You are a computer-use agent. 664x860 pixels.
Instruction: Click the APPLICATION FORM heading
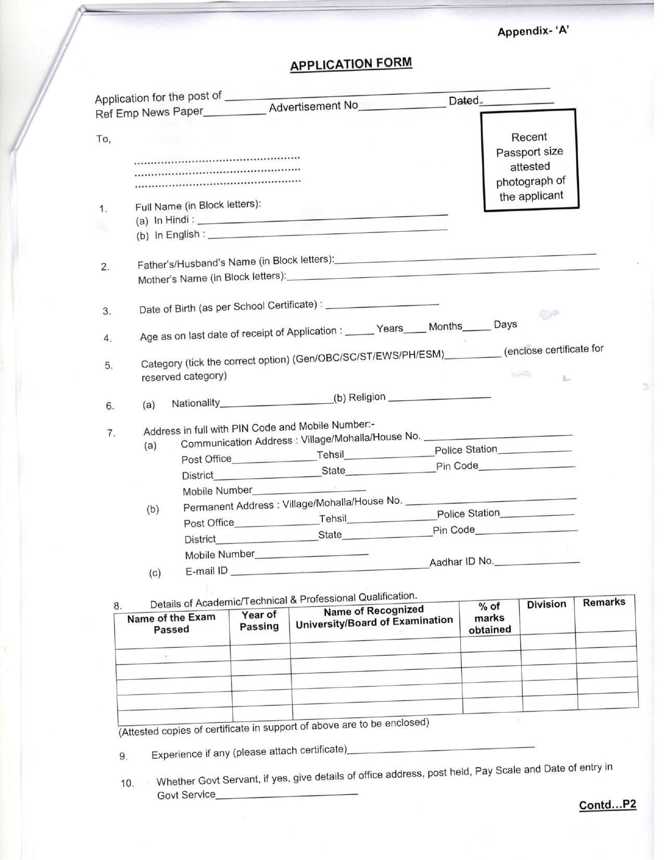(x=351, y=64)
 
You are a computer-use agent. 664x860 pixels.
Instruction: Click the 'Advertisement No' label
(x=314, y=106)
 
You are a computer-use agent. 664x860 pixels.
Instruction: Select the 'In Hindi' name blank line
(x=327, y=219)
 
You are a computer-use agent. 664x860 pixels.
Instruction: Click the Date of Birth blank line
(x=382, y=305)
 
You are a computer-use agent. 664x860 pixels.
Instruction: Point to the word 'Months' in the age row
(x=445, y=327)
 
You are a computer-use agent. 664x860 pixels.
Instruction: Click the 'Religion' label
(x=367, y=397)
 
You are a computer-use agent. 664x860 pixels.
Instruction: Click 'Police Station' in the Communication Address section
(x=466, y=450)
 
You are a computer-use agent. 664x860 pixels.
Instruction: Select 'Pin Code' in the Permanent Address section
(x=454, y=530)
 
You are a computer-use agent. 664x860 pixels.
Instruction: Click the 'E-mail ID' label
(x=207, y=571)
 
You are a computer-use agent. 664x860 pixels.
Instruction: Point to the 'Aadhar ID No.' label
(x=462, y=562)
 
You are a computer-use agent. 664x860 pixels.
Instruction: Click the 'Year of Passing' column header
(x=259, y=620)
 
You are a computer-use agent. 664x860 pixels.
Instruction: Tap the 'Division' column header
(x=546, y=604)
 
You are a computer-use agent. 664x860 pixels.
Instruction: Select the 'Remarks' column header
(x=604, y=602)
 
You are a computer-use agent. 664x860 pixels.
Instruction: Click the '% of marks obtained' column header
(x=490, y=618)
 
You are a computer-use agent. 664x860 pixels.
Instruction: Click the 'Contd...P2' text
(x=607, y=805)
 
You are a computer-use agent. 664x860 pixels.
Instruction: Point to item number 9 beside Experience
(x=123, y=756)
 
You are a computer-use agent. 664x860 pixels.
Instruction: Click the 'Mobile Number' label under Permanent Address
(x=220, y=555)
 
